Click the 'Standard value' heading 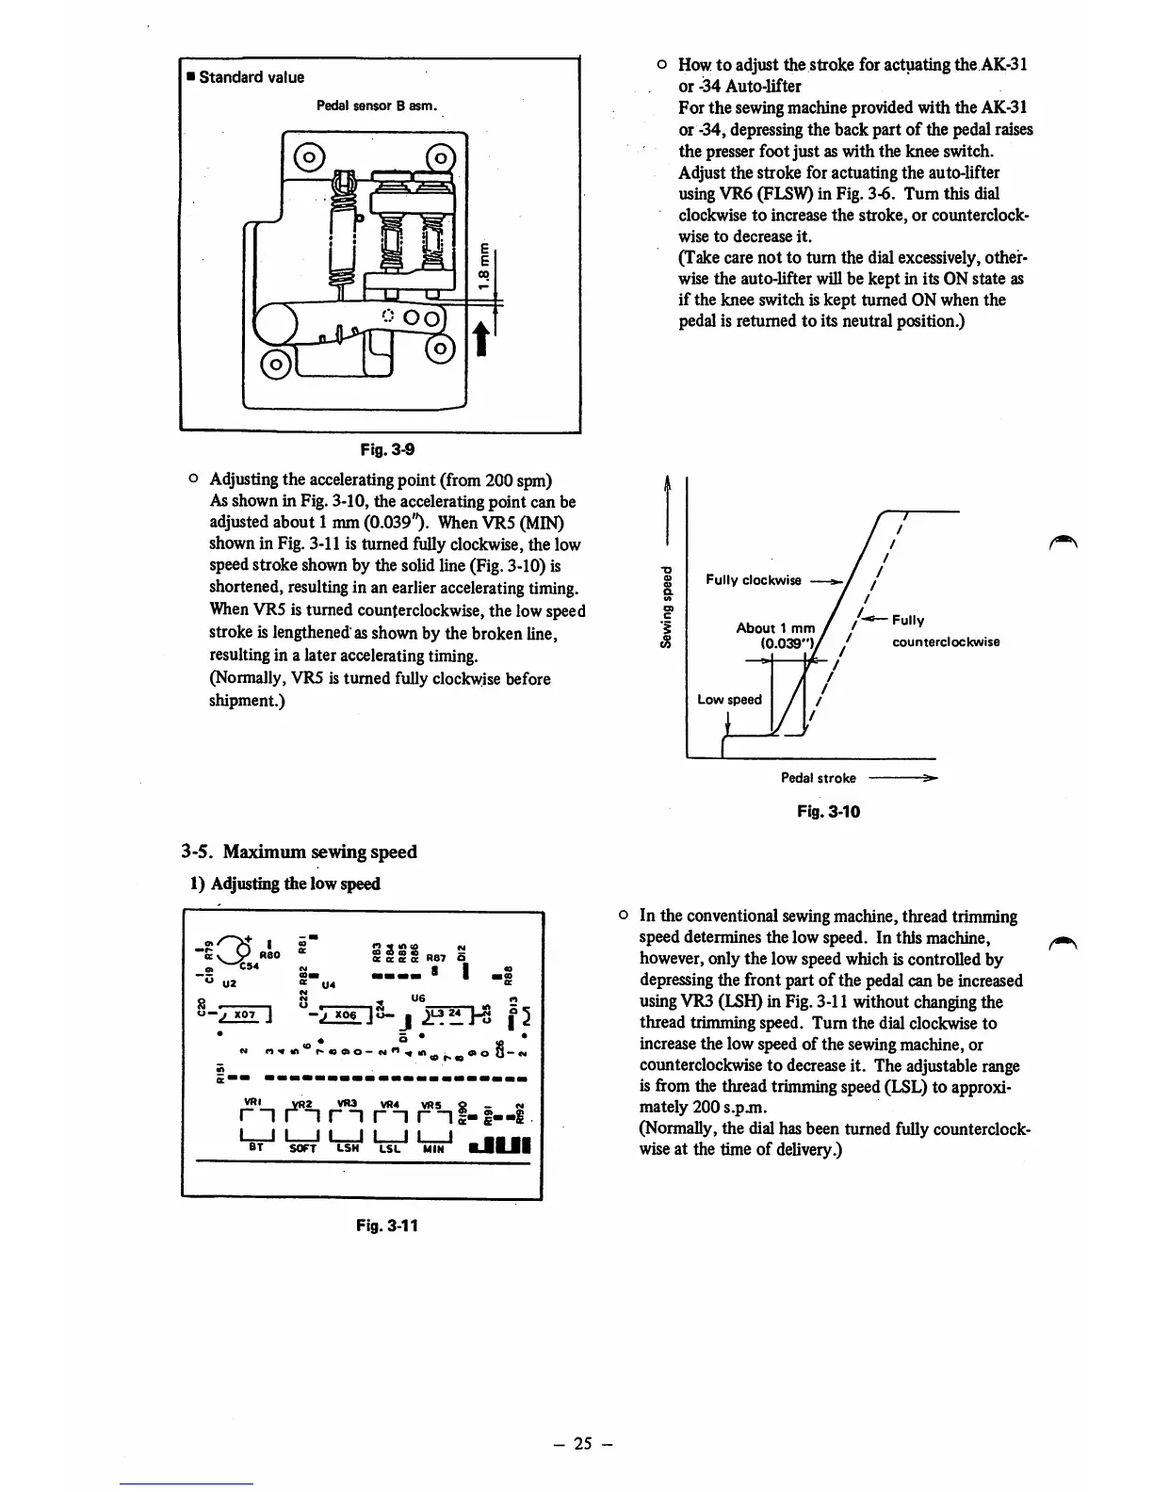pos(251,77)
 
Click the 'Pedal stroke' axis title pos(818,778)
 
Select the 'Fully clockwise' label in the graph pos(753,580)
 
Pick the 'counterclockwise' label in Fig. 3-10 pos(945,642)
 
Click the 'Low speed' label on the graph pos(729,700)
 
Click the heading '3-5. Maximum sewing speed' pos(299,851)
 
